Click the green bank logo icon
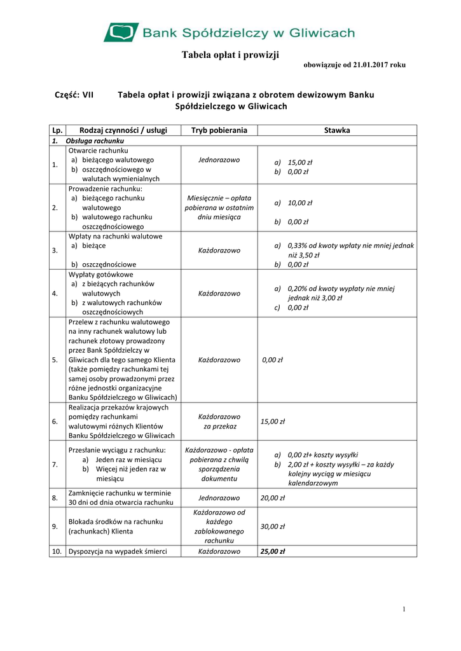coord(121,32)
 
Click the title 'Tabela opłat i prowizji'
coord(231,55)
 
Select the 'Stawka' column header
coord(337,130)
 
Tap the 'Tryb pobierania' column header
coord(219,130)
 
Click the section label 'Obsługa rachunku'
coord(95,140)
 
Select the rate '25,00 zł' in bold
coord(273,551)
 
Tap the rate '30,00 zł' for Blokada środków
coord(273,526)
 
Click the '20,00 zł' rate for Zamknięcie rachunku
coord(273,498)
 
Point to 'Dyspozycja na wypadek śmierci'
coord(118,551)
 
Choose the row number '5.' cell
coord(55,360)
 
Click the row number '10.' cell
coord(57,551)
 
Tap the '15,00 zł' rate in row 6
coord(273,421)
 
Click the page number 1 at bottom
coord(404,610)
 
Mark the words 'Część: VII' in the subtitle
coord(75,95)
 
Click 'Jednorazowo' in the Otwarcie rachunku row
coord(219,160)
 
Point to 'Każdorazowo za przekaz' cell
coord(219,421)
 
